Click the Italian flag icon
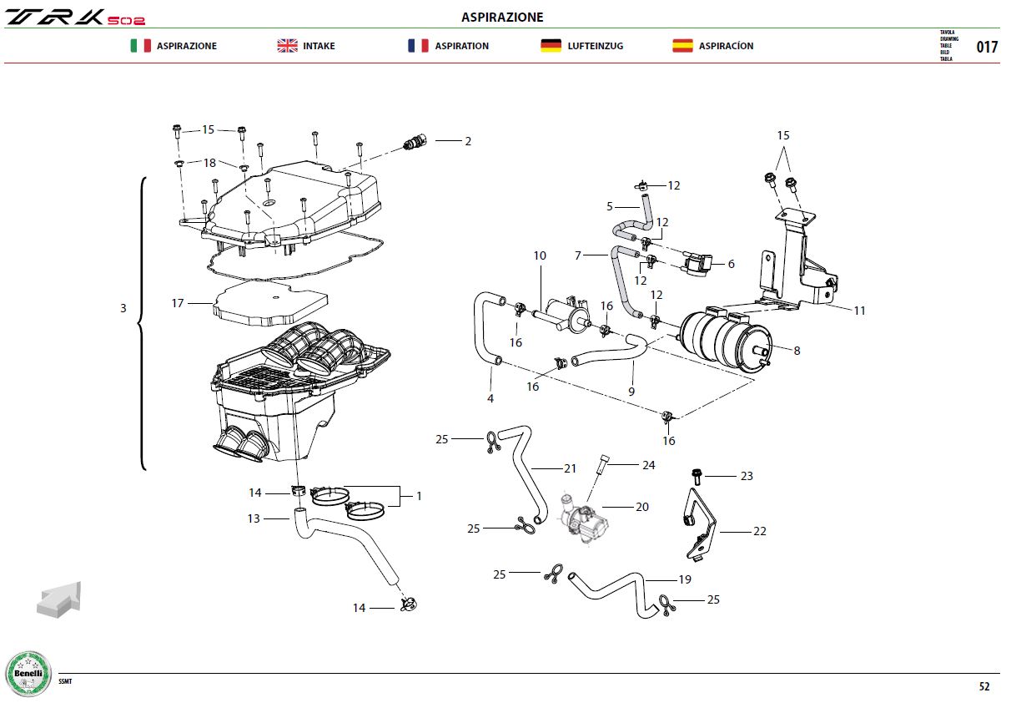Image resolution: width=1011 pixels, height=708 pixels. tap(141, 46)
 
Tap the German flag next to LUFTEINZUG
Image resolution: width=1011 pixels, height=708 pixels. tap(551, 46)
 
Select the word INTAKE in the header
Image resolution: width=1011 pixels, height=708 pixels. tap(319, 46)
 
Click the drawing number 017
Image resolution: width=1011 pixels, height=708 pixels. tap(987, 47)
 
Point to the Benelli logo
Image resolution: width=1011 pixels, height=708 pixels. tap(28, 674)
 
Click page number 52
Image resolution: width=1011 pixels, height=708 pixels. tap(984, 686)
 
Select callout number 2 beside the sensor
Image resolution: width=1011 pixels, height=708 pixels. tap(468, 141)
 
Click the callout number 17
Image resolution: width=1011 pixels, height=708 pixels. tap(178, 303)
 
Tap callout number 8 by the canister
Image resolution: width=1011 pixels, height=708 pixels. tap(797, 351)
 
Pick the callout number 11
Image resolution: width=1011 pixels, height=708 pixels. tap(859, 311)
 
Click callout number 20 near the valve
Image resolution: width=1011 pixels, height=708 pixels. tap(641, 507)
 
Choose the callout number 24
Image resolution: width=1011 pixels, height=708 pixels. tap(649, 465)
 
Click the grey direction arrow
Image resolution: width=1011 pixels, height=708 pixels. tap(59, 599)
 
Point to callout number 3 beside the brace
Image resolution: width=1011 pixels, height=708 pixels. tap(123, 308)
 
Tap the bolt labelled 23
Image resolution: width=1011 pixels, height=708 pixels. tap(697, 477)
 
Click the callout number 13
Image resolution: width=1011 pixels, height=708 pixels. tap(254, 518)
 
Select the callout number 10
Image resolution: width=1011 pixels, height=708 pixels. tap(540, 255)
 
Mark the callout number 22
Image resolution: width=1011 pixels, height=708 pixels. tap(760, 531)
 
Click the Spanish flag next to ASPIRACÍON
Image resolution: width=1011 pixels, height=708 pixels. tap(682, 46)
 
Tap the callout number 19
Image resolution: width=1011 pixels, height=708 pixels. tap(685, 579)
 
